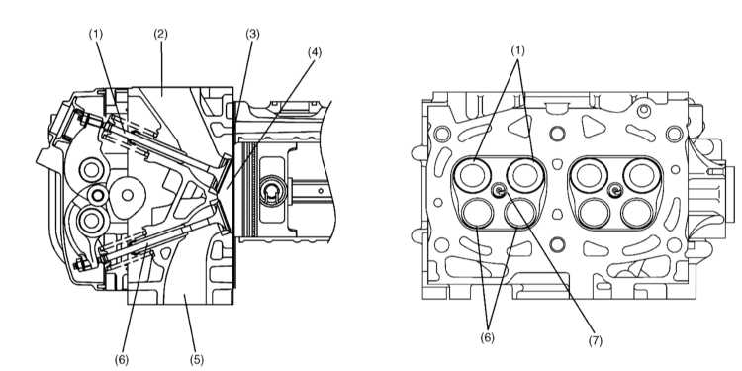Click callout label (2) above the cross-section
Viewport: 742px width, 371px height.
point(161,34)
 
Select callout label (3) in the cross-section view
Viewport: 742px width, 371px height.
point(252,34)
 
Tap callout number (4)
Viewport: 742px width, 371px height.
point(315,52)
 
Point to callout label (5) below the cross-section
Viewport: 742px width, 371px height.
point(197,360)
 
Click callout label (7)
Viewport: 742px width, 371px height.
point(596,341)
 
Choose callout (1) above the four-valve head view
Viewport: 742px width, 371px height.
point(518,50)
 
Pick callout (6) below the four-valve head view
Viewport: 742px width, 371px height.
point(488,338)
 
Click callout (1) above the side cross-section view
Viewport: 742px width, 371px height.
point(96,34)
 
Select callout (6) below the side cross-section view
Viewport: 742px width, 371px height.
point(122,360)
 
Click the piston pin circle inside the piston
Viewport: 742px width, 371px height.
point(271,190)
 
